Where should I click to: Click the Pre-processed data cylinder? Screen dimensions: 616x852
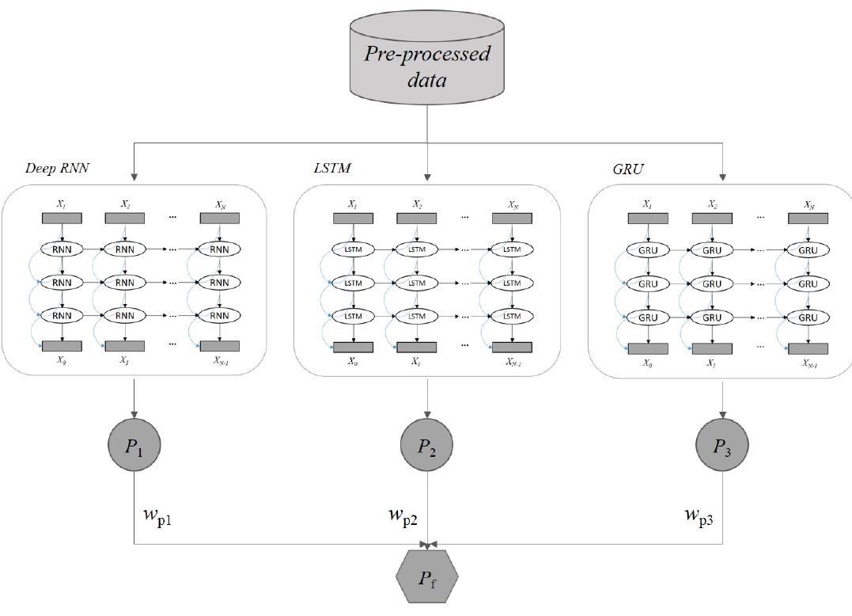[x=427, y=63]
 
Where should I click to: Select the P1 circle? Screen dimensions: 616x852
[x=134, y=446]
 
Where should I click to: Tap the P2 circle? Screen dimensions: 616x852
[x=427, y=446]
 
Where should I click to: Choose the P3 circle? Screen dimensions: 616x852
[x=722, y=446]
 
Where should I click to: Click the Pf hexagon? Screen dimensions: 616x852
[x=427, y=577]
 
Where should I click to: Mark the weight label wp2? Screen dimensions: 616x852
[x=403, y=516]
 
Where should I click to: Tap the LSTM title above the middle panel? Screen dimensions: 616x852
[x=332, y=168]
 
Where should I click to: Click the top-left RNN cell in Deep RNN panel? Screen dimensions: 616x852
[x=61, y=249]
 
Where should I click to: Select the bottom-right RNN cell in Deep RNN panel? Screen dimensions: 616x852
[x=219, y=315]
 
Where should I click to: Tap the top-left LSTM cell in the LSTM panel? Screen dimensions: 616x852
[x=353, y=249]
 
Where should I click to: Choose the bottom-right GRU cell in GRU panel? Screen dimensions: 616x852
[x=807, y=318]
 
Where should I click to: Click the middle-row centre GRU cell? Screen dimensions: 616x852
[x=712, y=283]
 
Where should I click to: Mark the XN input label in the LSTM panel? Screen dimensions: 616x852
[x=512, y=204]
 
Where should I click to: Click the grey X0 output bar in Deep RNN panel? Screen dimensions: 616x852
[x=61, y=345]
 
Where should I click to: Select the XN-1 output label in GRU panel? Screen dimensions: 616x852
[x=809, y=363]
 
